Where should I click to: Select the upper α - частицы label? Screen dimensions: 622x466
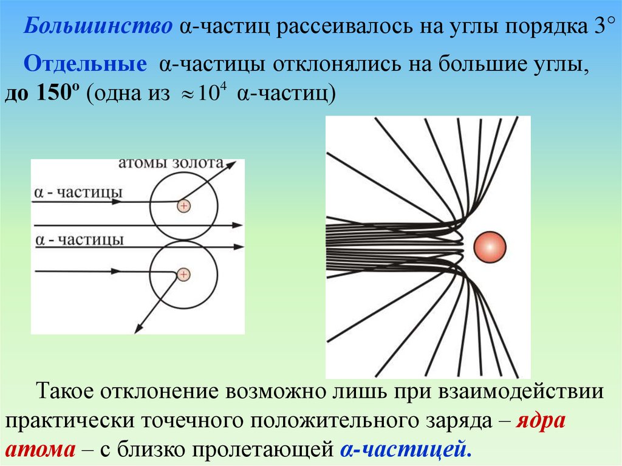coord(78,192)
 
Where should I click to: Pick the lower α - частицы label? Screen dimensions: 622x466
coord(79,239)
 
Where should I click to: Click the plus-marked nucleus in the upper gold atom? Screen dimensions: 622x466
coord(183,206)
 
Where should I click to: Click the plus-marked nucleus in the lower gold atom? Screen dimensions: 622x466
coord(183,275)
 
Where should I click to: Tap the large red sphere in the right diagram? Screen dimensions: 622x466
coord(489,247)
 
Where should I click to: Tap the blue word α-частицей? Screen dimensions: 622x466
coord(405,450)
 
